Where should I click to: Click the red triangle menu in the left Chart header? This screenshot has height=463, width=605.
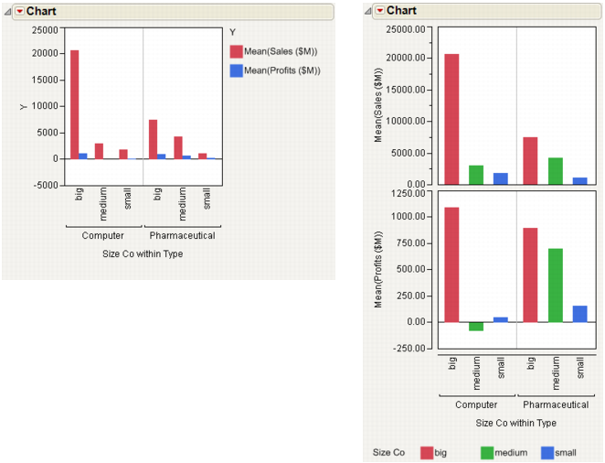pos(19,11)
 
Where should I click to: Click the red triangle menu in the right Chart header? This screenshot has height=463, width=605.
pos(379,11)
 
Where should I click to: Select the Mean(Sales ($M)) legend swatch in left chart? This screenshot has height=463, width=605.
pos(236,51)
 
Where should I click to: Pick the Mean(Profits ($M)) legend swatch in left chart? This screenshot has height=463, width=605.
pos(236,70)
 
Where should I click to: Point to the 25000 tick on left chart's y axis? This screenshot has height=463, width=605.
pos(45,29)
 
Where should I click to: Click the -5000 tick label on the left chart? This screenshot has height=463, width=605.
pos(45,185)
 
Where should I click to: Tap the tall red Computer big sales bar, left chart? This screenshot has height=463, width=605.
pos(74,104)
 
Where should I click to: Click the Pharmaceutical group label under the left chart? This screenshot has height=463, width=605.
pos(183,235)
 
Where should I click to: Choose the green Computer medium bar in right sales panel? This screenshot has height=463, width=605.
pos(476,174)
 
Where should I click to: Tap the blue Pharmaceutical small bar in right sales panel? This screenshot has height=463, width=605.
pos(578,180)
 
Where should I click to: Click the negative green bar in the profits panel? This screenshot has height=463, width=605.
pos(476,326)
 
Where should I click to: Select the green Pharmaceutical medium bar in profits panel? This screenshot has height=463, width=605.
pos(555,285)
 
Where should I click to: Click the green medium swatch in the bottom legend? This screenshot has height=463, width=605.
pos(487,452)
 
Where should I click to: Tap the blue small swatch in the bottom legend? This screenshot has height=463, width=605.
pos(547,452)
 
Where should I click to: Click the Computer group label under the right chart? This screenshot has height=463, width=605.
pos(476,404)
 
